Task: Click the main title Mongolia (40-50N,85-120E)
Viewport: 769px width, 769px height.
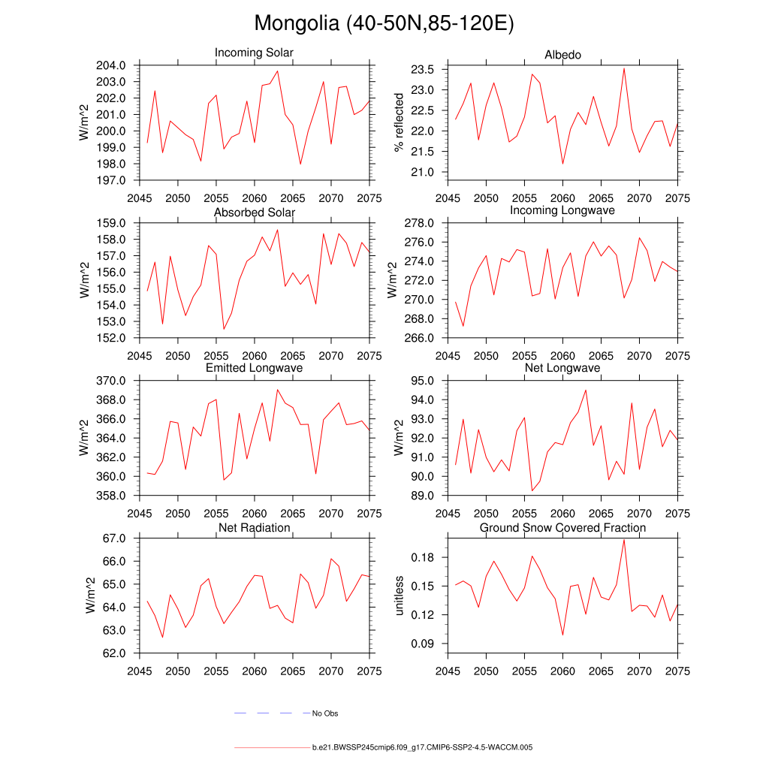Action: tap(384, 23)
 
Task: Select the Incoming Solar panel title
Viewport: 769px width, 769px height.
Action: tap(254, 53)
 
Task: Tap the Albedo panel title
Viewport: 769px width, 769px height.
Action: tap(562, 55)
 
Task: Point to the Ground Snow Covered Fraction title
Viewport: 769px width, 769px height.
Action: tap(562, 528)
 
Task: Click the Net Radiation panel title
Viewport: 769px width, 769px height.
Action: tap(254, 528)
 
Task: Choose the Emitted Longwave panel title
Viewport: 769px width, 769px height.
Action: tap(254, 368)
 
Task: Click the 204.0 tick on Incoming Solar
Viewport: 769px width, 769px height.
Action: tap(116, 65)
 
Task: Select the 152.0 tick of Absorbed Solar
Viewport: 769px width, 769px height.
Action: tap(116, 338)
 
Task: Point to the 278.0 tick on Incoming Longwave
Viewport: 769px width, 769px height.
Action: tap(424, 223)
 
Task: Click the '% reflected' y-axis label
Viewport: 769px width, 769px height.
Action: tap(399, 122)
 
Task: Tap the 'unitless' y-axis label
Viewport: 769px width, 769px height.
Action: tap(399, 596)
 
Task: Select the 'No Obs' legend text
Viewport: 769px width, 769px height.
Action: tap(325, 713)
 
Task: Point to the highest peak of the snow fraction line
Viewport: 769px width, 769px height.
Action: tap(624, 539)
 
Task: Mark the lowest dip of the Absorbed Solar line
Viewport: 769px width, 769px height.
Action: tap(224, 329)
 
